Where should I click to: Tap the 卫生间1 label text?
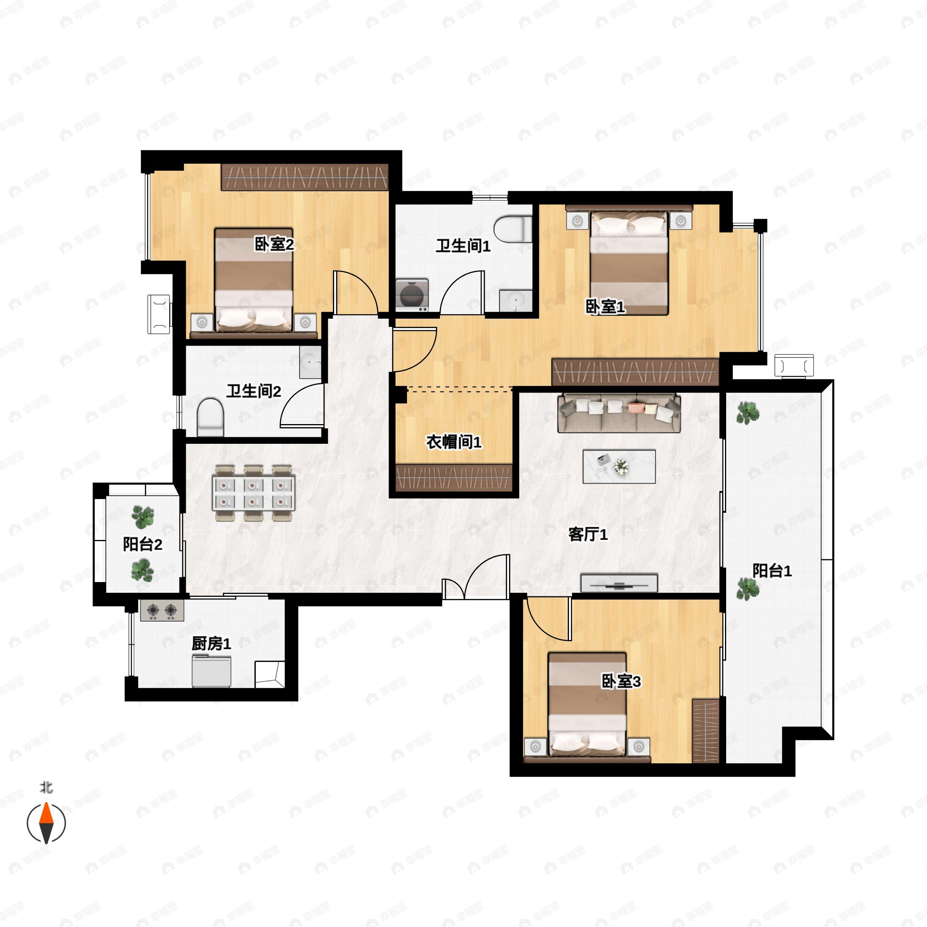point(463,246)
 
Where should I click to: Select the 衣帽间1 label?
point(453,442)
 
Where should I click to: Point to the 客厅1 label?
point(588,534)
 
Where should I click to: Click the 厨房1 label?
point(211,643)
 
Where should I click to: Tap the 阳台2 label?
point(143,544)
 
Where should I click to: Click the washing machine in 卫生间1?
point(412,295)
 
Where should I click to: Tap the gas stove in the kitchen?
point(162,610)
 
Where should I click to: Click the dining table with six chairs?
point(253,493)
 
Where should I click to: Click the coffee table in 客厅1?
point(619,466)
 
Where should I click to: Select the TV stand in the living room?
point(619,582)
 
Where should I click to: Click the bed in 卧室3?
point(587,707)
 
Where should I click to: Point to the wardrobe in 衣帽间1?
point(453,477)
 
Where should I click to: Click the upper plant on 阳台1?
point(747,413)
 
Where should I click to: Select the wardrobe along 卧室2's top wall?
point(305,177)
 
